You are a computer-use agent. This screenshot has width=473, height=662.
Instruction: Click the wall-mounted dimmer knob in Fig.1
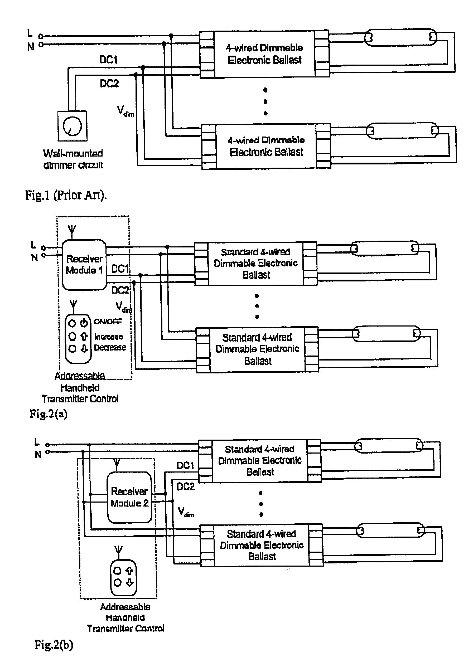pos(72,126)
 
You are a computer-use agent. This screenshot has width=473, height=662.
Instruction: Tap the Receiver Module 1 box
pos(84,265)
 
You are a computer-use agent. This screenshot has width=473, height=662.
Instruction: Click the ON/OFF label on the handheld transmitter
pos(108,322)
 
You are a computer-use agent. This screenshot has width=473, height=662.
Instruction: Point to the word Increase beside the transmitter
pos(109,337)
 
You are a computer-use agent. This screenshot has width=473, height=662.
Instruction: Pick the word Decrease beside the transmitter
pos(110,348)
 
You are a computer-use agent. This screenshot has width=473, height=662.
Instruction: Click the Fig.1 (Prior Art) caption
pos(66,195)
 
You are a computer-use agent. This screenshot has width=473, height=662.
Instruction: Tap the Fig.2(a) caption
pos(48,414)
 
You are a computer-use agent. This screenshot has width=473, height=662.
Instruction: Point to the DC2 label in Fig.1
pos(109,84)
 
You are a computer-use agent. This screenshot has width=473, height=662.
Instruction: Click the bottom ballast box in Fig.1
pos(266,146)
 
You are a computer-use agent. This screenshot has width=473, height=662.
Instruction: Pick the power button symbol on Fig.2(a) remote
pos(84,323)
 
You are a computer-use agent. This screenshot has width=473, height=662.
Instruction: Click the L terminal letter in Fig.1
pos(30,33)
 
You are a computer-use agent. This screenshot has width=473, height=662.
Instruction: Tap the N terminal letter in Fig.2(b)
pos(38,455)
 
